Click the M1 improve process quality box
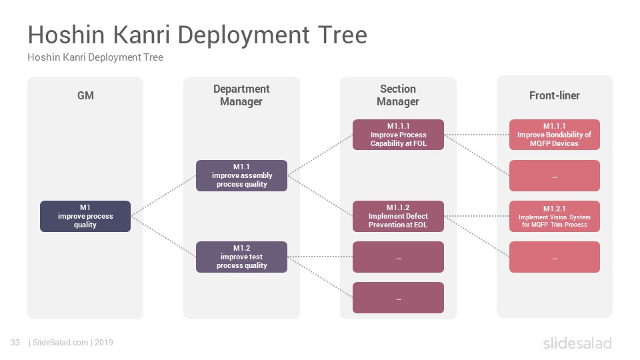[x=85, y=216]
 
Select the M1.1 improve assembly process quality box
[x=241, y=175]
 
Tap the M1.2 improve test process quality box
[x=241, y=257]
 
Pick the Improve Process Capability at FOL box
[x=399, y=135]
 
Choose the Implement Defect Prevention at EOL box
[x=399, y=216]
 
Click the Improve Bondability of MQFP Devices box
[x=554, y=135]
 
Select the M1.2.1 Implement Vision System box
[x=554, y=216]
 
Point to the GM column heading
[x=86, y=95]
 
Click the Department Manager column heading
[x=241, y=95]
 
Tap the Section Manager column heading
[x=398, y=95]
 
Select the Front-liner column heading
[x=554, y=95]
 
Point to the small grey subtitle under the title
[x=95, y=57]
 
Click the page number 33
[x=15, y=343]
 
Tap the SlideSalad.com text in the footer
[x=61, y=343]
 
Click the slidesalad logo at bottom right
[x=577, y=343]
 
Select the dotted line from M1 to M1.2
[x=163, y=236]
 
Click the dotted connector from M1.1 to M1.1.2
[x=320, y=195]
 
